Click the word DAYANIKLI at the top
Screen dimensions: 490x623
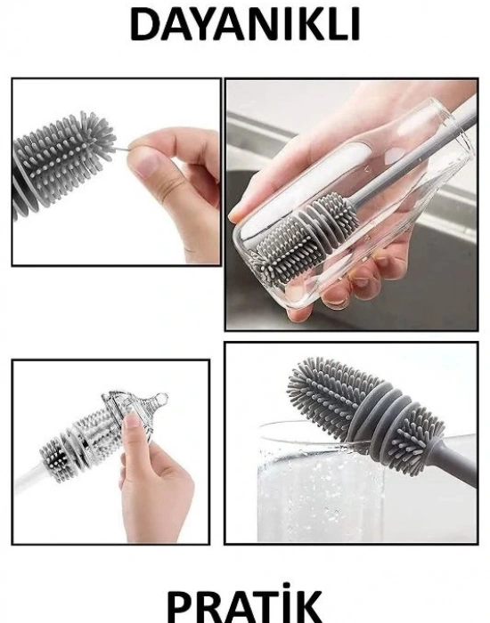[245, 24]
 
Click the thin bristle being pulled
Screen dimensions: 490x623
[123, 149]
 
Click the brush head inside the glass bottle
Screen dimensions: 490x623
[302, 239]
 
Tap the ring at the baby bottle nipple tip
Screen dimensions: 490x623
[161, 398]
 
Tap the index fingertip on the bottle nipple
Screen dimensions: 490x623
[132, 421]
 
